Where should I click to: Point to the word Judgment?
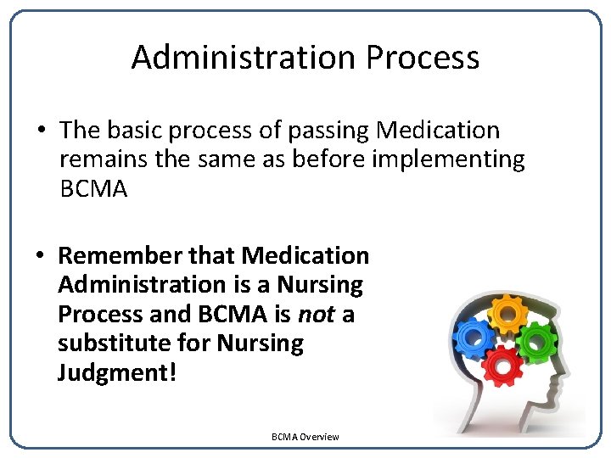[117, 373]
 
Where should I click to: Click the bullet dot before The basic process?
[42, 131]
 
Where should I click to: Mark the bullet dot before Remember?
[42, 256]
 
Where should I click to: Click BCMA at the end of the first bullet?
[93, 189]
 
